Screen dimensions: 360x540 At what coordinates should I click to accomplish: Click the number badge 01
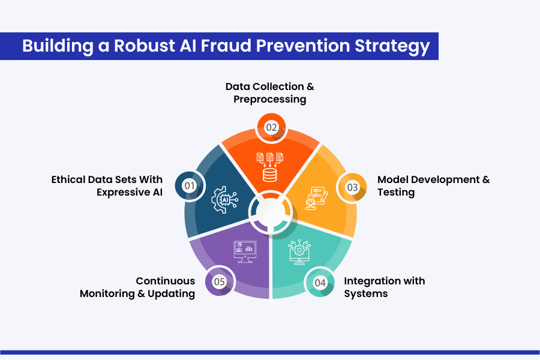(x=190, y=186)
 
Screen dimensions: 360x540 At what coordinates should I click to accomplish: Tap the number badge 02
(x=271, y=128)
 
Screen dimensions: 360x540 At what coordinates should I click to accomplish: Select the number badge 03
(x=352, y=187)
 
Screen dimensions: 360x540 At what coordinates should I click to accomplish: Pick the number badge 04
(x=320, y=282)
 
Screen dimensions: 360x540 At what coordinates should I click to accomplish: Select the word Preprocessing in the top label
(x=270, y=99)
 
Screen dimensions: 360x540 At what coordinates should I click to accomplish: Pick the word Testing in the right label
(x=396, y=192)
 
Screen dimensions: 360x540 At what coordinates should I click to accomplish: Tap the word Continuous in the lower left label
(x=165, y=281)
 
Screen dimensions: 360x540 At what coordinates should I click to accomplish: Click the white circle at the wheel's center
(x=270, y=211)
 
